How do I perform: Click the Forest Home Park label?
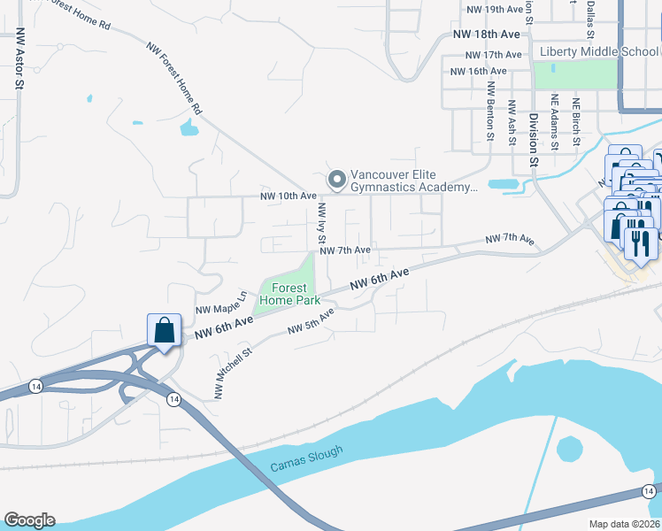tap(289, 294)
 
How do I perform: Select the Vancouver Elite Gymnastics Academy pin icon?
tap(336, 180)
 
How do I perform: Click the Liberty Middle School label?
tap(599, 51)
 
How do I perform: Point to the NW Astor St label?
tap(18, 59)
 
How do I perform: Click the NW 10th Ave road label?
tap(288, 196)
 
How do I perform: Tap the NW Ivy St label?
tap(322, 223)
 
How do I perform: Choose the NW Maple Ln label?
tap(220, 303)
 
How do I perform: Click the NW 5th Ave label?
tap(311, 321)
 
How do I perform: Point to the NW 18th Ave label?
tap(486, 34)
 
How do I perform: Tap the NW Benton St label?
tap(489, 112)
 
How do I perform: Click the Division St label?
tap(534, 138)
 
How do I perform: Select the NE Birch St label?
tap(575, 119)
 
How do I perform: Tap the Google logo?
tap(29, 520)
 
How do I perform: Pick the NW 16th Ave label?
tap(478, 71)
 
